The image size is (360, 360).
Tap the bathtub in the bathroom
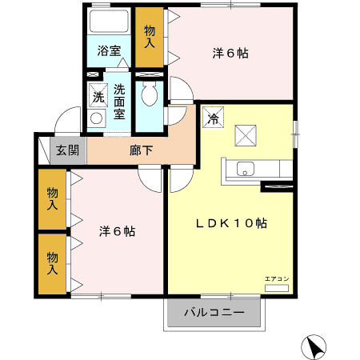109,23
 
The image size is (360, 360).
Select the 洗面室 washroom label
119,102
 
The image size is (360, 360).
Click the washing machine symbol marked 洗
98,97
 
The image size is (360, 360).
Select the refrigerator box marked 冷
213,118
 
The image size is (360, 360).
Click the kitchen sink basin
245,168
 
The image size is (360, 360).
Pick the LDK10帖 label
230,224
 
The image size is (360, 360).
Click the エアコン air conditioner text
277,278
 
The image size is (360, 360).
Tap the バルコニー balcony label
213,312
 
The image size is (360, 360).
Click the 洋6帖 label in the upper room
230,54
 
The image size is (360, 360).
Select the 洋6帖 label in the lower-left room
117,231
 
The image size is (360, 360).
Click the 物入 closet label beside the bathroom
149,36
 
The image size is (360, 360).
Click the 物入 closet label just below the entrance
53,199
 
